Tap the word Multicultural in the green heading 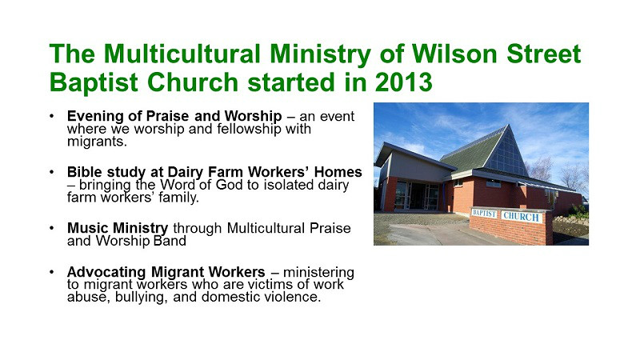pyautogui.click(x=182, y=54)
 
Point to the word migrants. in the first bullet pyautogui.click(x=97, y=142)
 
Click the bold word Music pyautogui.click(x=88, y=228)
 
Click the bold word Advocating pyautogui.click(x=106, y=272)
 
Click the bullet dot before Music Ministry pyautogui.click(x=51, y=228)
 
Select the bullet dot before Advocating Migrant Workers pyautogui.click(x=51, y=271)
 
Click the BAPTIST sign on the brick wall pyautogui.click(x=484, y=213)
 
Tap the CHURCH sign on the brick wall pyautogui.click(x=522, y=216)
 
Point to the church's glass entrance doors pyautogui.click(x=417, y=196)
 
